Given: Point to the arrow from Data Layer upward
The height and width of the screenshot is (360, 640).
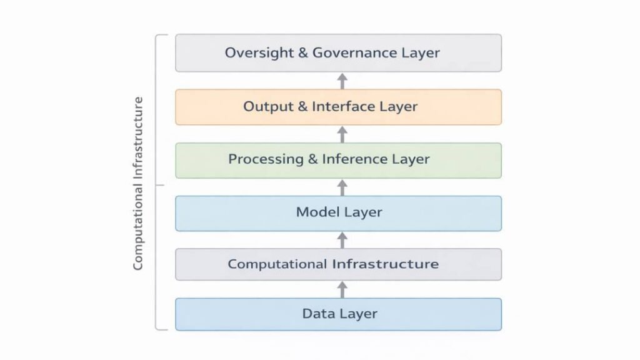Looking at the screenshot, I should tap(342, 289).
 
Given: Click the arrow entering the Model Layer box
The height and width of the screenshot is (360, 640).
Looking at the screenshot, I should tap(342, 239).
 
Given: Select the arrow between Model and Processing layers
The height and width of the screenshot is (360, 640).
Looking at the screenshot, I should tap(342, 187).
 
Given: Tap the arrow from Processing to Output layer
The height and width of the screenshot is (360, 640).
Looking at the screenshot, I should tap(342, 134).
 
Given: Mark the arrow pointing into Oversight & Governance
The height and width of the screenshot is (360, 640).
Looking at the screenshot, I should tap(342, 80).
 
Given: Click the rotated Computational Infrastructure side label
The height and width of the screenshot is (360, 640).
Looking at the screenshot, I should tap(139, 182).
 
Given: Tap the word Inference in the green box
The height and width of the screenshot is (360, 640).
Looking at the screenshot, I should tap(355, 159).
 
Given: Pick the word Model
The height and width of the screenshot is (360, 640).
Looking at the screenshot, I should tap(317, 212).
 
